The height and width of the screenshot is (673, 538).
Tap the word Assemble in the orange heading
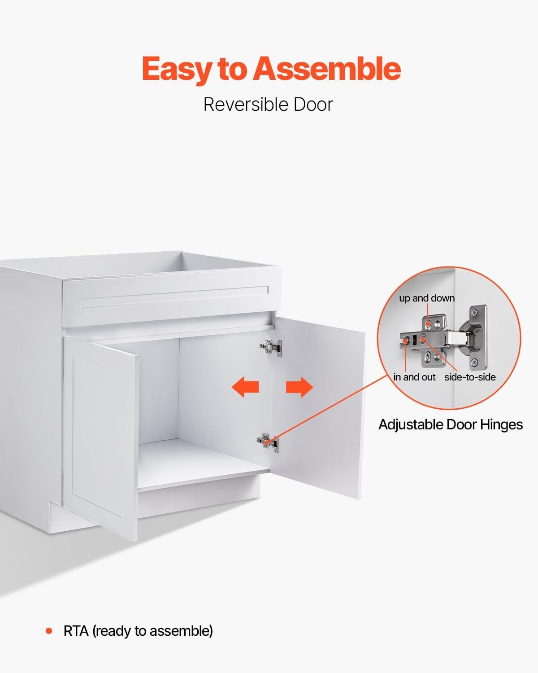tap(327, 68)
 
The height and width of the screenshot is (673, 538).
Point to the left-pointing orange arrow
tap(245, 387)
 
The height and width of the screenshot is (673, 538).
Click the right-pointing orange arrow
tap(299, 387)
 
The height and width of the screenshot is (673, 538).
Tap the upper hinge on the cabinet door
tap(271, 347)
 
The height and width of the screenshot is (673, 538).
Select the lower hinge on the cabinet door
tap(268, 442)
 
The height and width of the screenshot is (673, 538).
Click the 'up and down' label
tap(427, 298)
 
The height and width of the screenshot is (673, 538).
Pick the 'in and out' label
tap(414, 377)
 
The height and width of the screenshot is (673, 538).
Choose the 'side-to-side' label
tap(470, 377)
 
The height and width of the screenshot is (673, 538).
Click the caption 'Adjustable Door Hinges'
tap(451, 425)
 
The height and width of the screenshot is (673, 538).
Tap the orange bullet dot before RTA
tap(49, 631)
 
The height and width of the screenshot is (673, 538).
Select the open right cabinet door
tap(317, 406)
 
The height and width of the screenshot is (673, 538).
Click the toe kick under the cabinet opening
tap(199, 497)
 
